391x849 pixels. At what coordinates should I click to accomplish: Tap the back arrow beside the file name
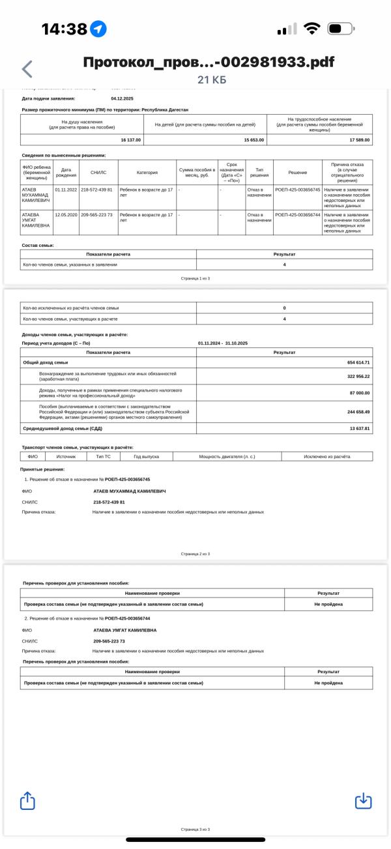click(27, 69)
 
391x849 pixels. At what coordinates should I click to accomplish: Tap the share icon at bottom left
click(27, 800)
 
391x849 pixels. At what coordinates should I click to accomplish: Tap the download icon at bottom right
click(363, 801)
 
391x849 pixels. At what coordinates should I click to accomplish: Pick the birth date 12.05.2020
click(66, 214)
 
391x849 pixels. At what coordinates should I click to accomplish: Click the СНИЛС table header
click(91, 173)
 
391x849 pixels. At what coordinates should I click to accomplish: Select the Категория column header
click(147, 173)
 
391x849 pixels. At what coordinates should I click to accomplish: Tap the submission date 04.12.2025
click(123, 98)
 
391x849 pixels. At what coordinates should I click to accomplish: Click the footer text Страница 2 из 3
click(195, 554)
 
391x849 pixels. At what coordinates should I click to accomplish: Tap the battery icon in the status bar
click(341, 29)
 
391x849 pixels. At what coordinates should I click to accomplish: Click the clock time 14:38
click(65, 29)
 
